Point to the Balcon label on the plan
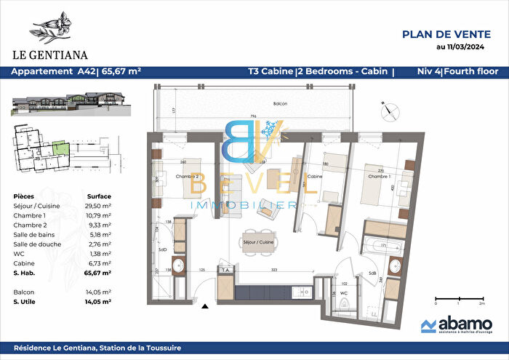281,104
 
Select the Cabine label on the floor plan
315,176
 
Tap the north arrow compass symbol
390,110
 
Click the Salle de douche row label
36,244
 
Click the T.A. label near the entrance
227,269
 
